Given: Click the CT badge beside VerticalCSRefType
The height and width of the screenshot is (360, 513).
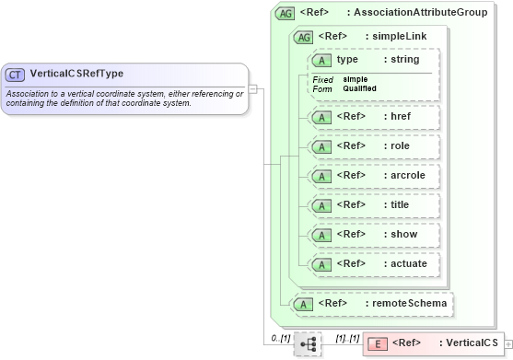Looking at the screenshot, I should tap(16, 74).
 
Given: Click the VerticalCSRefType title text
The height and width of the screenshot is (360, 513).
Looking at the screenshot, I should tap(76, 74).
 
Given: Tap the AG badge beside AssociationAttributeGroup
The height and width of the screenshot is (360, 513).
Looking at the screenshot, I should tap(286, 14).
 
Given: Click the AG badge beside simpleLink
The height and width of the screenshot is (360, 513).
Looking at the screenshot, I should tap(303, 37).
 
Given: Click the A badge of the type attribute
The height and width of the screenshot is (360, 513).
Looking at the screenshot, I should tap(322, 60).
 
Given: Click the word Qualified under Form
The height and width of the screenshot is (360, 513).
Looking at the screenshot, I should tap(359, 88).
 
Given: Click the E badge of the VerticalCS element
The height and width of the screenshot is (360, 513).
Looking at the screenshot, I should tap(378, 343).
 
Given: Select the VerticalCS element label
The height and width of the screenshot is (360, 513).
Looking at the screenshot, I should tap(468, 343).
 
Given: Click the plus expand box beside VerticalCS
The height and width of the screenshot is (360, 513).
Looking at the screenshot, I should tap(509, 344).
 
